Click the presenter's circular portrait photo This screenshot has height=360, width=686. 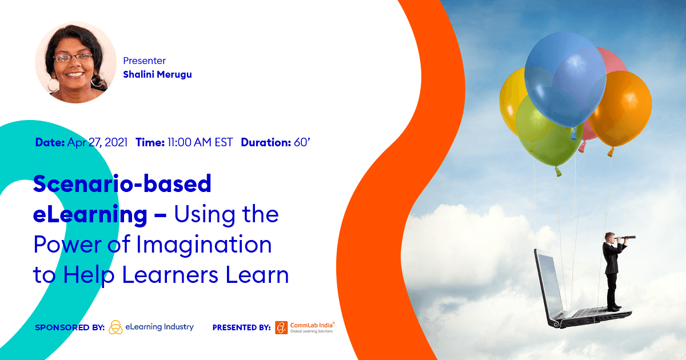pyautogui.click(x=75, y=62)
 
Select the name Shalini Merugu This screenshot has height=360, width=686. pyautogui.click(x=157, y=74)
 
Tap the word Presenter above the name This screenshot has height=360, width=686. pyautogui.click(x=144, y=61)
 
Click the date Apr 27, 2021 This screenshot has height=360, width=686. pyautogui.click(x=97, y=142)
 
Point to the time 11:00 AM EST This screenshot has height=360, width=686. pyautogui.click(x=200, y=142)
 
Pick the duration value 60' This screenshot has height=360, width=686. pyautogui.click(x=302, y=142)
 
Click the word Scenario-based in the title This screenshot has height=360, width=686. pyautogui.click(x=122, y=183)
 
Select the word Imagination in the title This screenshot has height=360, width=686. pyautogui.click(x=204, y=246)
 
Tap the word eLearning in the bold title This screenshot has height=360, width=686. pyautogui.click(x=90, y=214)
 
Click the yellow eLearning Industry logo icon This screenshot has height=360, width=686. pyautogui.click(x=115, y=327)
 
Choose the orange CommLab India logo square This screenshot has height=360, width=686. pyautogui.click(x=281, y=327)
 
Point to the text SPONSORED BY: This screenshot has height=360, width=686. pyautogui.click(x=70, y=327)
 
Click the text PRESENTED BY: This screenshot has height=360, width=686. pyautogui.click(x=242, y=327)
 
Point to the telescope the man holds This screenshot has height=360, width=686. pyautogui.click(x=625, y=238)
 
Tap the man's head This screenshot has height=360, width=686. pyautogui.click(x=609, y=237)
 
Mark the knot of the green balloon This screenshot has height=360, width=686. pyautogui.click(x=558, y=172)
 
